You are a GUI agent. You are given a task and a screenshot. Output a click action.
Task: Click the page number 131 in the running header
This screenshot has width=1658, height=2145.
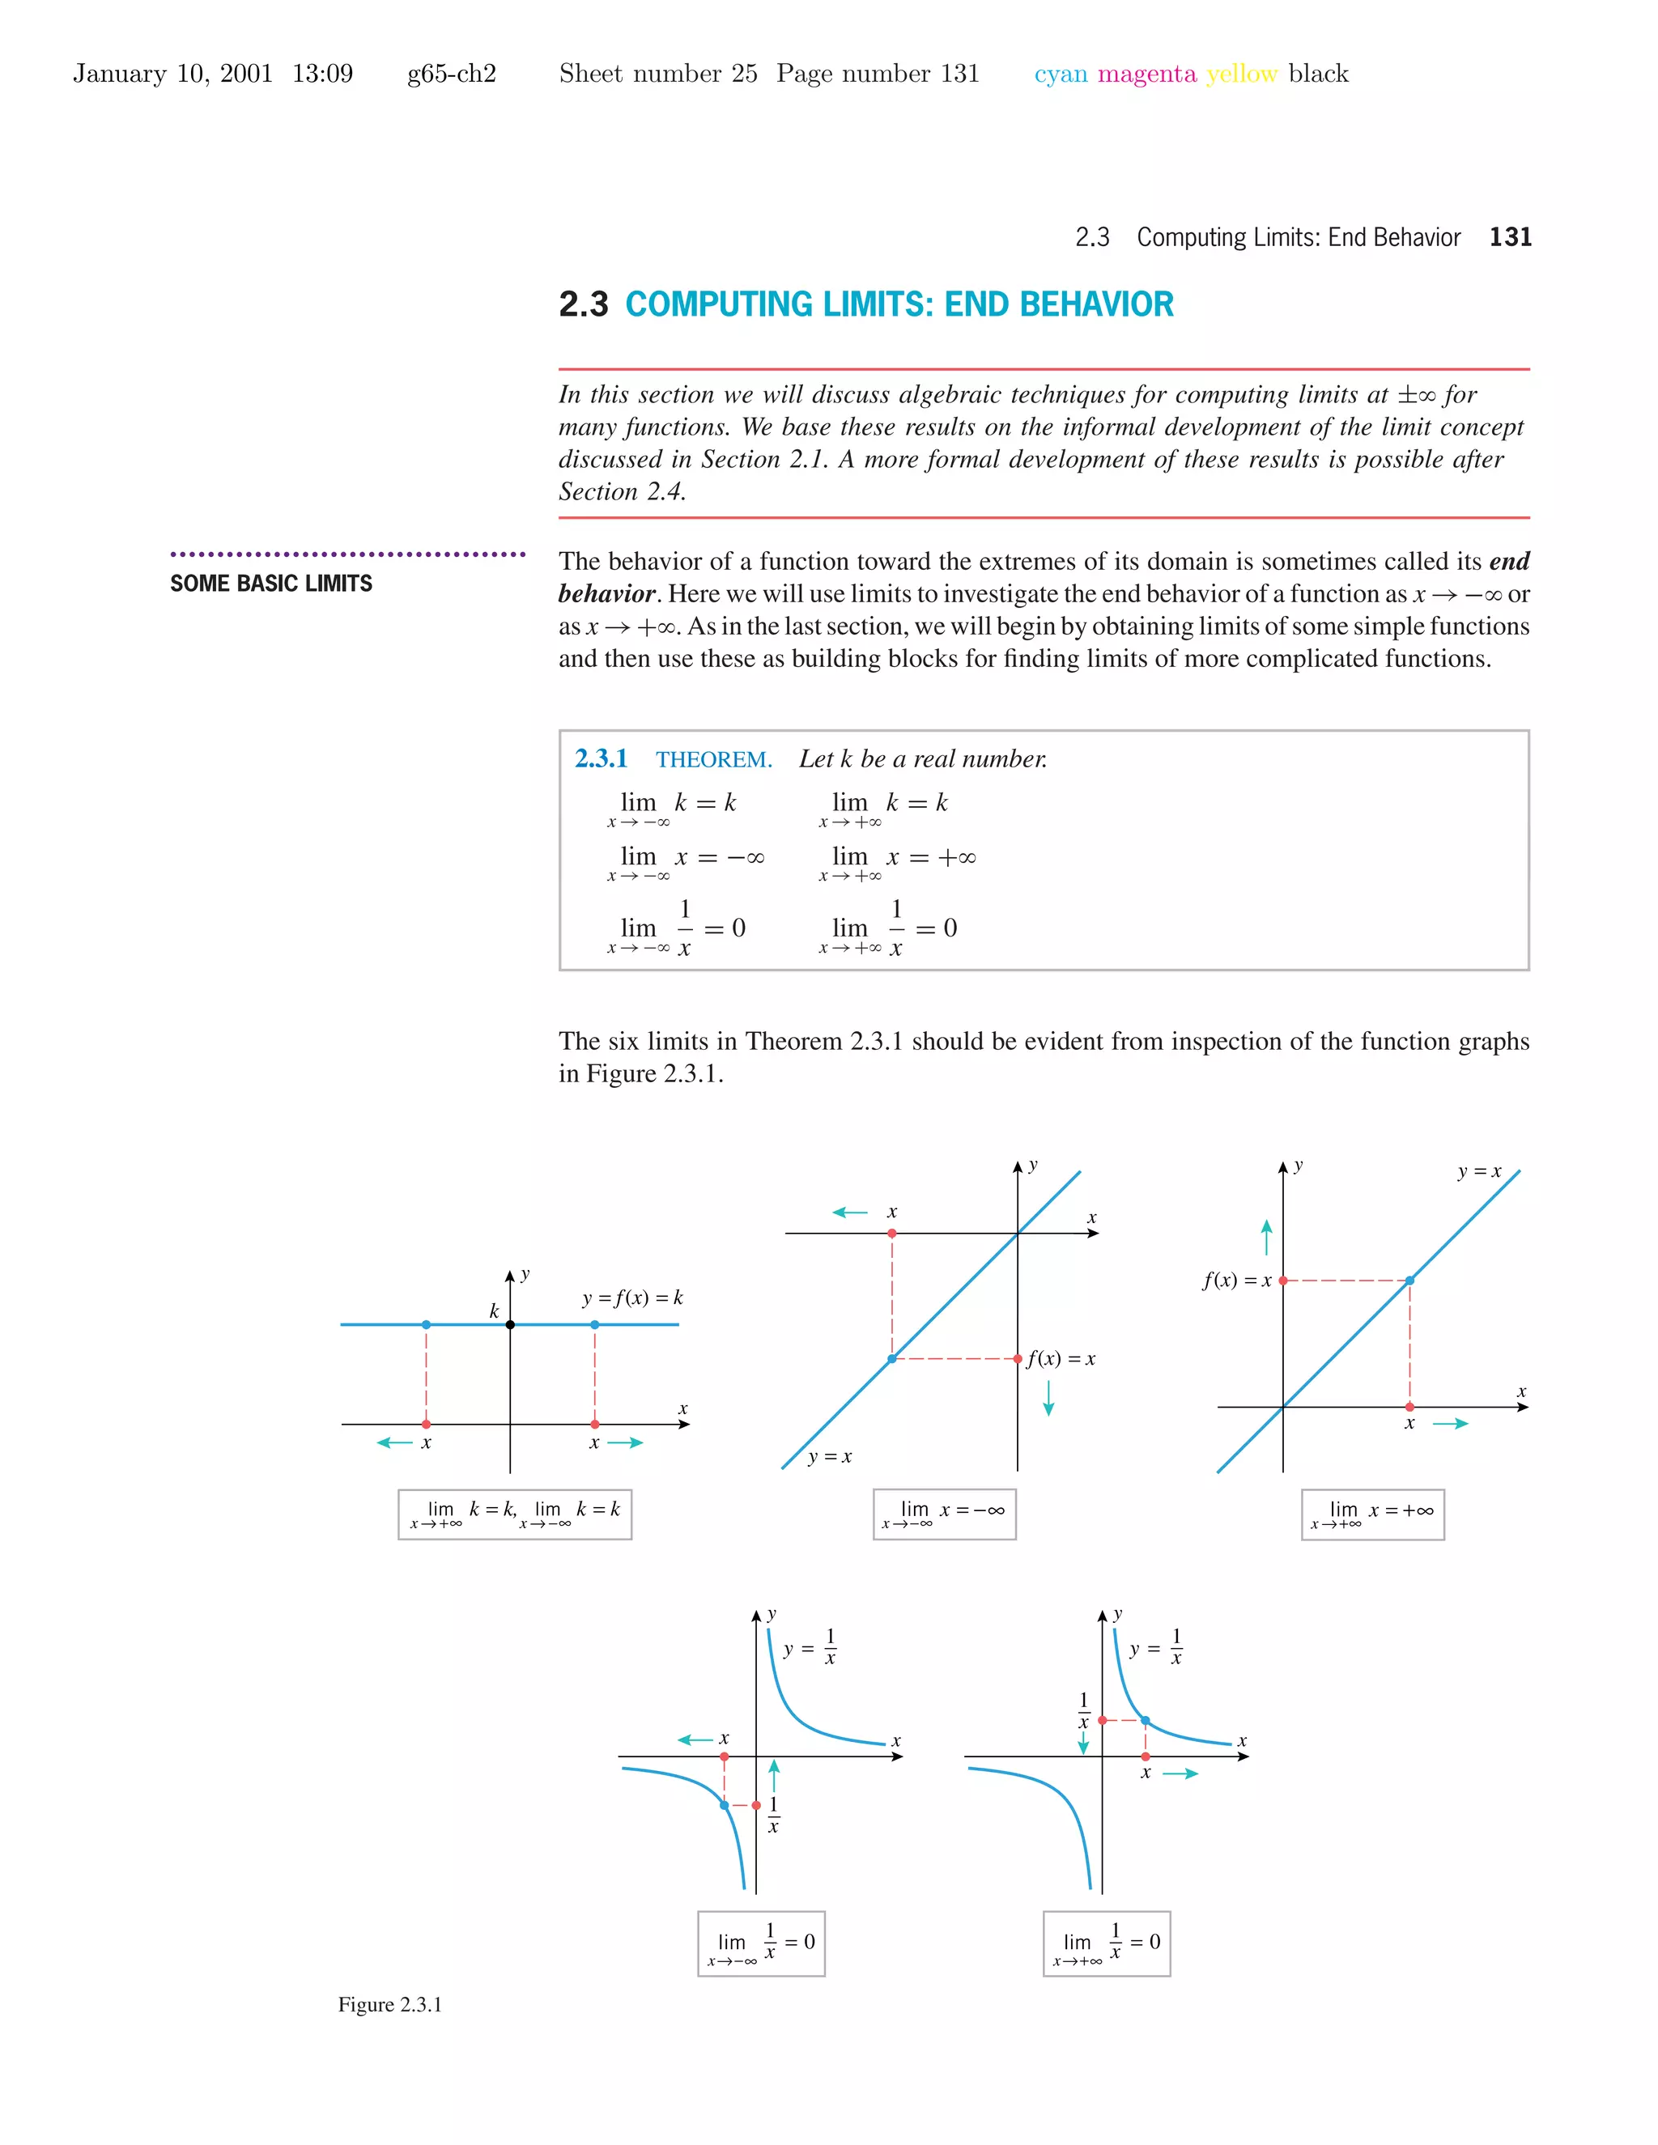point(1510,236)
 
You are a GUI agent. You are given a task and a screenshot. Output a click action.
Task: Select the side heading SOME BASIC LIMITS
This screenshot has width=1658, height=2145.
point(271,584)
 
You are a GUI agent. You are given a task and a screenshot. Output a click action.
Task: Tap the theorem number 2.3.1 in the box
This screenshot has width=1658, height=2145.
point(600,758)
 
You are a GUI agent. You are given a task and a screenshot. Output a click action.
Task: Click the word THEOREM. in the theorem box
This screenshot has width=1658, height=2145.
point(714,759)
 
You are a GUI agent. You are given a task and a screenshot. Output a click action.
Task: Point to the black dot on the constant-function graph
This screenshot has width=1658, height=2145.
point(510,1325)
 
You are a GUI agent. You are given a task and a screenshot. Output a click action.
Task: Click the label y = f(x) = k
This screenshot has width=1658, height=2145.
point(631,1298)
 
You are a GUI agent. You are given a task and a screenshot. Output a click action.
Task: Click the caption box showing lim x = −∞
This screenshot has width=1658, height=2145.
point(944,1514)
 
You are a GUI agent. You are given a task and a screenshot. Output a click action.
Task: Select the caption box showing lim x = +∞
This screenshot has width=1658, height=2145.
point(1372,1514)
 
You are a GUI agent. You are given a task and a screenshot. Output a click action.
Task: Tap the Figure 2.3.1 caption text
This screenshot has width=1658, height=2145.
point(390,2004)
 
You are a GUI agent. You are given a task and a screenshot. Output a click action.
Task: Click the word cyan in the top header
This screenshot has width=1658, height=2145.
point(1061,74)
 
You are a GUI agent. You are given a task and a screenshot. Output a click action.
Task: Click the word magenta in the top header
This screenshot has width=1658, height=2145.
point(1146,74)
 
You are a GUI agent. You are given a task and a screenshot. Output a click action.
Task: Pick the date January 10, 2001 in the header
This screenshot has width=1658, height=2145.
point(173,74)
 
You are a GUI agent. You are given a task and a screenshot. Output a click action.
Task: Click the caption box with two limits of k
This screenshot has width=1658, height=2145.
point(515,1514)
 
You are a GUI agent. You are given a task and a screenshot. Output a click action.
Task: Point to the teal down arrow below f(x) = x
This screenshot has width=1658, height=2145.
point(1048,1398)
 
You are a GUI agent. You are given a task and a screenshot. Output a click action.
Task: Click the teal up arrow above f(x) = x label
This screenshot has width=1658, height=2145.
point(1266,1238)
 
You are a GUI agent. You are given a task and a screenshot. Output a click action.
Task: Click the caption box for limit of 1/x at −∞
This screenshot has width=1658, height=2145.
point(761,1943)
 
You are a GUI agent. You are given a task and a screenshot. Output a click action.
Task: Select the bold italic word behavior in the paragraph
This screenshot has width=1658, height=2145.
point(606,594)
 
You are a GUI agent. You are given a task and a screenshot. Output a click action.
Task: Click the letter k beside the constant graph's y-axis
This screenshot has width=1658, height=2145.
point(494,1311)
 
